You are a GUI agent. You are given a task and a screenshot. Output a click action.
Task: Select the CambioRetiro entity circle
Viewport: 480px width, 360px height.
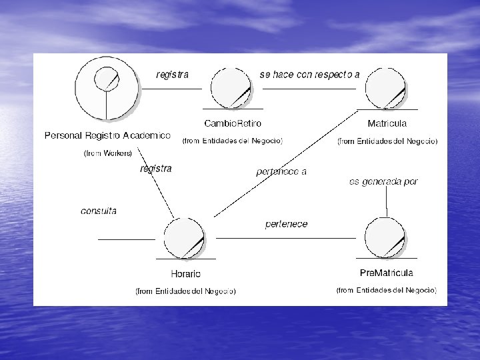(231, 88)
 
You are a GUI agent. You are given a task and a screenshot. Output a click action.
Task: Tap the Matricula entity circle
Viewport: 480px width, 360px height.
(385, 88)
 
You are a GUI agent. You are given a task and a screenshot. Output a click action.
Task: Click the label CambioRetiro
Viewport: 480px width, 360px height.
(233, 123)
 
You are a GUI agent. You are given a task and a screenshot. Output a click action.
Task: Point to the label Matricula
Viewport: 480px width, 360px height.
(387, 123)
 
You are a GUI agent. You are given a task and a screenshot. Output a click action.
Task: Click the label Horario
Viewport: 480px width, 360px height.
(185, 273)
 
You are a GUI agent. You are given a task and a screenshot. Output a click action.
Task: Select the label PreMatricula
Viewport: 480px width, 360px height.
(386, 273)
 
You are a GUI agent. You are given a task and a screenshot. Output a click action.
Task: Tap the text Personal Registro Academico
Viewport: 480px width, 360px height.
(107, 135)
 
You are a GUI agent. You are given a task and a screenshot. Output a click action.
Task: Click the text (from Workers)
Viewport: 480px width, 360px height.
(107, 153)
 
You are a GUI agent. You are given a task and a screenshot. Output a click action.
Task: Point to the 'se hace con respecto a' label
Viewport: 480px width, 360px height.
(309, 75)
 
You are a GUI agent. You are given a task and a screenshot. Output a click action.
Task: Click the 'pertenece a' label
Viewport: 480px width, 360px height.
(281, 172)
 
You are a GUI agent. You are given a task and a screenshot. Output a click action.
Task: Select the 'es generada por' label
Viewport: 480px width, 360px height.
(383, 181)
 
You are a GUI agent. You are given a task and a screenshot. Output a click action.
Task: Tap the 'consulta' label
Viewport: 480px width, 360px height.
(99, 211)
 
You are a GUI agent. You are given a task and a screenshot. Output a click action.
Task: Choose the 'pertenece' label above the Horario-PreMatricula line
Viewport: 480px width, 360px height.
(286, 224)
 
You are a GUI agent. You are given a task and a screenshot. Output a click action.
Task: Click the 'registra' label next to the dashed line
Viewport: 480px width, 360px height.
(155, 169)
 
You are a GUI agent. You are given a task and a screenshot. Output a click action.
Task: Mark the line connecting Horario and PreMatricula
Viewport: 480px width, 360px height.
(287, 238)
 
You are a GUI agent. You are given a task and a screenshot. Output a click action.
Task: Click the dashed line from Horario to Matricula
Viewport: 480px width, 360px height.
(287, 163)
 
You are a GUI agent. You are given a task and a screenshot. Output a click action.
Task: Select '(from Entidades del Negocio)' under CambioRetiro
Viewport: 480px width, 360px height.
(233, 141)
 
